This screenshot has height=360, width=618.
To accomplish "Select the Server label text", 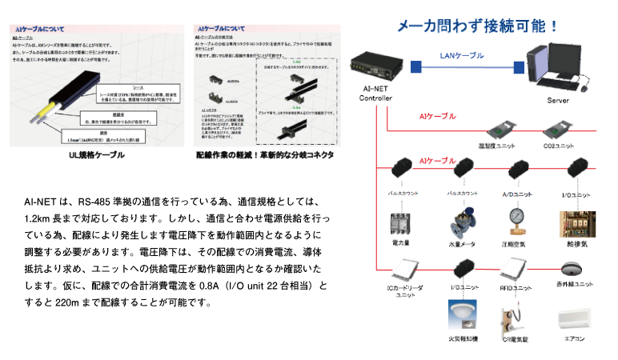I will [558, 101].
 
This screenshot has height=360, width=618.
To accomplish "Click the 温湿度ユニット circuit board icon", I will [501, 130].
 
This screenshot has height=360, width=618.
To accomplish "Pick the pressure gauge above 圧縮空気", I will [516, 218].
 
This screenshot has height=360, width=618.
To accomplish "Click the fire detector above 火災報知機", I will [463, 313].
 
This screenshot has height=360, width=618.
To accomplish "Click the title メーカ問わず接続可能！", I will [480, 25].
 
